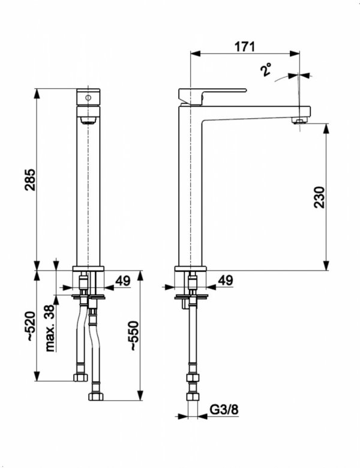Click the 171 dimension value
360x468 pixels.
coord(244,47)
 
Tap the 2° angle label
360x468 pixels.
coord(266,70)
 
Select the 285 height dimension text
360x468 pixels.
coord(30,180)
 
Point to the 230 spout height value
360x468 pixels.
coord(319,197)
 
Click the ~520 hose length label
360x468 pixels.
coord(31,326)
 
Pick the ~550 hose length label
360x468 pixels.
coord(134,335)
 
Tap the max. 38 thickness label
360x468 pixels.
coord(50,328)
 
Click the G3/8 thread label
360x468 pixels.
coord(224,409)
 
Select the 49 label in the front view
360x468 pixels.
coord(122,281)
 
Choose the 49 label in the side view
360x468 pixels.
coord(226,280)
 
